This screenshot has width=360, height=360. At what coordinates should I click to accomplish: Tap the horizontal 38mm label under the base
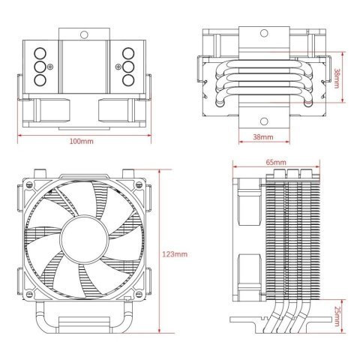[x=262, y=138]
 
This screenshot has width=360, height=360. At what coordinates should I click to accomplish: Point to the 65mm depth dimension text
[x=276, y=162]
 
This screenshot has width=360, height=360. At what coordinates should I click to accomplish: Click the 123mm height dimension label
[x=174, y=254]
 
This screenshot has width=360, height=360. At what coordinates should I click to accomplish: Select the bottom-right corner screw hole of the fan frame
[x=137, y=295]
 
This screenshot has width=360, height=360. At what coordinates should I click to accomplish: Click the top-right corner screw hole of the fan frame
[x=137, y=181]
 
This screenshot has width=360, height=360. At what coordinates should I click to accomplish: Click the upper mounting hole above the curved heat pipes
[x=262, y=34]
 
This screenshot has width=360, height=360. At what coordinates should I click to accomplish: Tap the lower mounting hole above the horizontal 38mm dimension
[x=262, y=121]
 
